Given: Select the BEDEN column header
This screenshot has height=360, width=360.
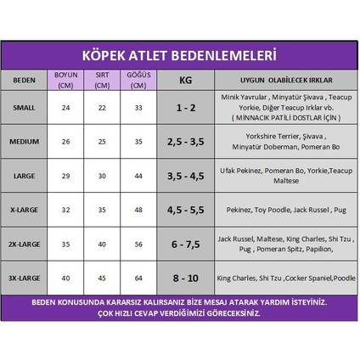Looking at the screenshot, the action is [x=24, y=81].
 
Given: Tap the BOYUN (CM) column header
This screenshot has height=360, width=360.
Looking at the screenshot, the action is [x=65, y=79].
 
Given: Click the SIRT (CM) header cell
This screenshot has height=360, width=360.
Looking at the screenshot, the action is [x=102, y=79].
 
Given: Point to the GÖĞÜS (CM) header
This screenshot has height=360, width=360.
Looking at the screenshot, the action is [x=138, y=79].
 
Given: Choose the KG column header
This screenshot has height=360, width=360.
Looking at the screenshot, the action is [x=185, y=81].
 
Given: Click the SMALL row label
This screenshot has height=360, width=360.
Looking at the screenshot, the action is [x=24, y=109].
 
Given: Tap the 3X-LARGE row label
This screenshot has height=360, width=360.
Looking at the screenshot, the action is [x=24, y=278].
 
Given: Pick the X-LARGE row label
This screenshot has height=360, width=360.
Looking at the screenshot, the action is [x=24, y=209].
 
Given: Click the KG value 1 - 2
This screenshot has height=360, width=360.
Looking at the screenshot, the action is [x=185, y=109].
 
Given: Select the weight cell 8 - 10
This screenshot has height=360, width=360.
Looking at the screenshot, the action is [x=185, y=278].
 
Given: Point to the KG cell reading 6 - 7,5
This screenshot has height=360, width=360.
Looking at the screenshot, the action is [x=185, y=244].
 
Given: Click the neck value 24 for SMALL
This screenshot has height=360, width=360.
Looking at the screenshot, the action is [x=65, y=109].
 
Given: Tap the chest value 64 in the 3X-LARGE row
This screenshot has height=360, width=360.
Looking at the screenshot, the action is [x=138, y=278].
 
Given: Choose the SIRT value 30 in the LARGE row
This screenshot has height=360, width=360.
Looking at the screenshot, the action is [x=102, y=175].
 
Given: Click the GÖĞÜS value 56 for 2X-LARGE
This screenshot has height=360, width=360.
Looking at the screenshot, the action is [x=138, y=244].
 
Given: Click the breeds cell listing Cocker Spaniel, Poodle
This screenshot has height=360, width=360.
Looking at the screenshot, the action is [x=286, y=278].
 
